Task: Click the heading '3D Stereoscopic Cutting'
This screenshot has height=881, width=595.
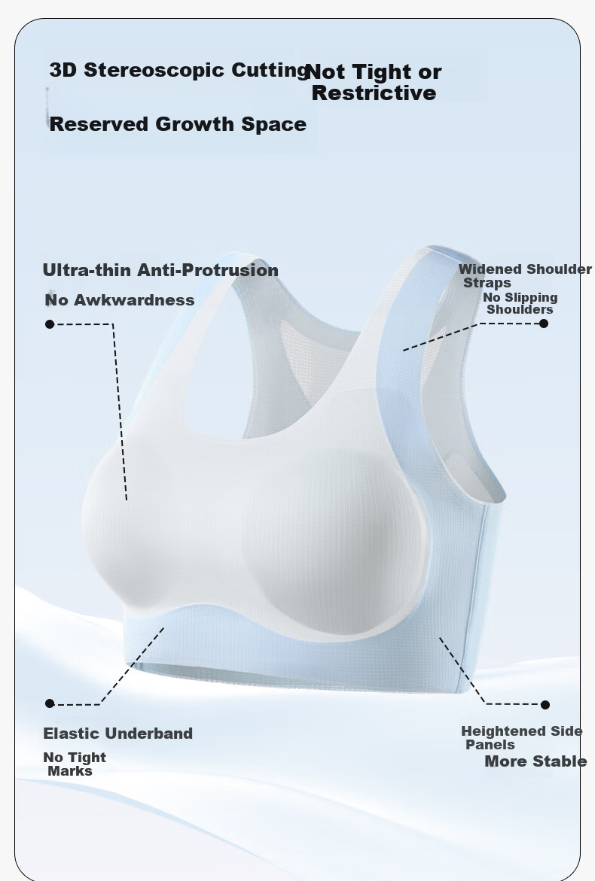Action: pos(178,70)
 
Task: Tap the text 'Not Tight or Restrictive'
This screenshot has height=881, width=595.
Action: pos(374,82)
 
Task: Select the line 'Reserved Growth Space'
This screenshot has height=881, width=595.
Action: pos(178,124)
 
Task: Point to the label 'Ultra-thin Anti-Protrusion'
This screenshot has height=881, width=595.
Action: pos(161,270)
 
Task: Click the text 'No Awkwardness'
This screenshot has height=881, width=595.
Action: pos(120,300)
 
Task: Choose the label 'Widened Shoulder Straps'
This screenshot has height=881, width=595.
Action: pos(525,276)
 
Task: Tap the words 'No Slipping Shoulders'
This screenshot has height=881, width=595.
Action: pos(520,303)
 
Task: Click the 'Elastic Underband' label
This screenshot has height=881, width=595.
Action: pos(118,734)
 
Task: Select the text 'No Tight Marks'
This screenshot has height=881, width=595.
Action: pos(75,764)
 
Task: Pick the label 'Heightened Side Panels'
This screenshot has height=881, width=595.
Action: pos(522,738)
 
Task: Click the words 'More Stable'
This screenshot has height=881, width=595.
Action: pos(536,761)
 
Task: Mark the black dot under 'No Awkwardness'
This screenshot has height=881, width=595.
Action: pos(50,324)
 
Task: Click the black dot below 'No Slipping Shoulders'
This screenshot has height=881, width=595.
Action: pos(544,323)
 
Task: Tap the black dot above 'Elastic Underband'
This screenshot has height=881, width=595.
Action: pos(50,703)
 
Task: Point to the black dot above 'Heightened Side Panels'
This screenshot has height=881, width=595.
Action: pos(545,705)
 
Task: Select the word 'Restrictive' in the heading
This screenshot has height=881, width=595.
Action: pos(374,93)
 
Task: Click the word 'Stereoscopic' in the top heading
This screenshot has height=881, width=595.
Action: pos(155,70)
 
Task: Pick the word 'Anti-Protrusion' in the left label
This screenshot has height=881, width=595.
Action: pos(208,270)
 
